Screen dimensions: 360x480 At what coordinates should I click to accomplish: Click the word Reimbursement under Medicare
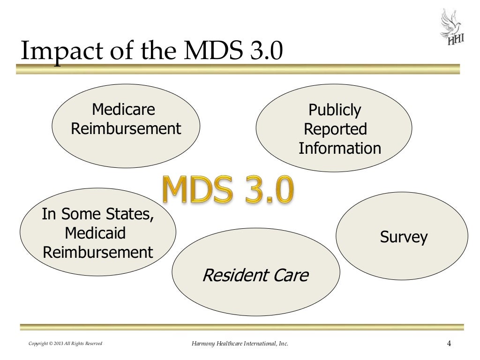[x=126, y=128]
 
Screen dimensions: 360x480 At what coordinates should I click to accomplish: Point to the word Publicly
[x=335, y=111]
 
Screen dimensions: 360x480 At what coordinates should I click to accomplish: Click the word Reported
[x=335, y=129]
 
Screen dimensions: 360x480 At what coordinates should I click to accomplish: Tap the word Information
[x=340, y=149]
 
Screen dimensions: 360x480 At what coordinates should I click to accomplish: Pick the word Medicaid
[x=95, y=233]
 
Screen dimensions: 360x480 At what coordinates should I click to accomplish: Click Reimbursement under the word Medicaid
[x=98, y=252]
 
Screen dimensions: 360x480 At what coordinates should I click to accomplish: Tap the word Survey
[x=404, y=237]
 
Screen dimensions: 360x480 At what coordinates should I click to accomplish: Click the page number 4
[x=449, y=344]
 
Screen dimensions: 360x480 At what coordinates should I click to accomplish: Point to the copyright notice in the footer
[x=65, y=345]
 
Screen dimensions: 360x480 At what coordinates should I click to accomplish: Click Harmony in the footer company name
[x=203, y=345]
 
